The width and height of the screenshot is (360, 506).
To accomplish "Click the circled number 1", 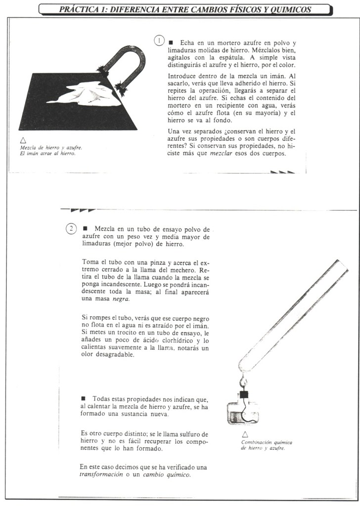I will coord(159,41).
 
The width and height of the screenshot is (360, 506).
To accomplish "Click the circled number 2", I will coord(71,228).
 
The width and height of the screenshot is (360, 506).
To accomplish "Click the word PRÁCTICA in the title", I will coord(79,9).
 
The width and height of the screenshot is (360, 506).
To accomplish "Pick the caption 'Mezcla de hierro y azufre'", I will coord(51,147).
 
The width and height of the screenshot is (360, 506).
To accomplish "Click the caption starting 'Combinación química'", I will coord(263,442).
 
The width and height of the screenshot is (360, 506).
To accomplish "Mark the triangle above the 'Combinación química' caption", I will coord(244,433).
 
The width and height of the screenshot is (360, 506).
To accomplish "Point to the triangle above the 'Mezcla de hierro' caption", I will coord(23,140).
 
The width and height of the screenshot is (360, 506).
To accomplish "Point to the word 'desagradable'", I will coord(100,356).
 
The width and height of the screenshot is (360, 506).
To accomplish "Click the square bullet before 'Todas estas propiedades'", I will coord(83,398).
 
